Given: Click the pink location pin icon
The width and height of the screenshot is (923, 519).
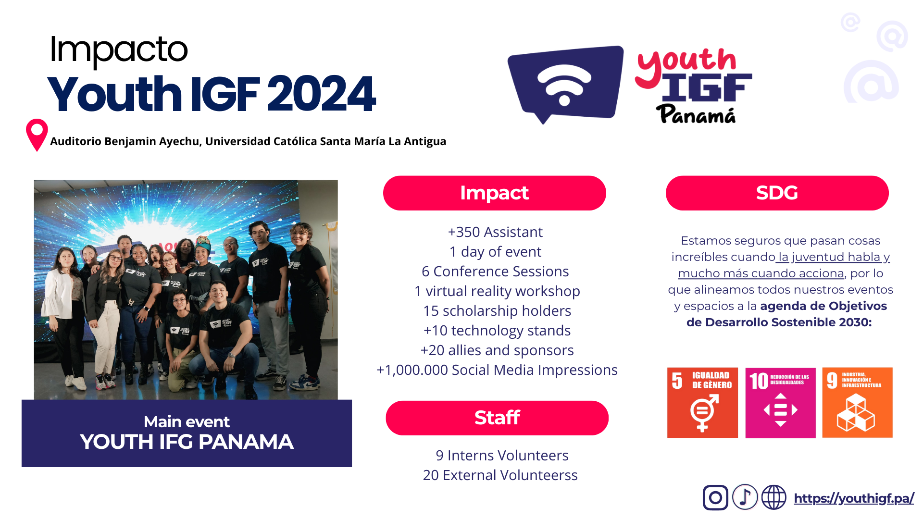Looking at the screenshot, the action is [x=37, y=135].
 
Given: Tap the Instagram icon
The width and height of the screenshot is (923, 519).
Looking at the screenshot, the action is [x=715, y=497].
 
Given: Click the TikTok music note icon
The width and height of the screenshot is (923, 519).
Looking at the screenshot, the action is [x=745, y=497].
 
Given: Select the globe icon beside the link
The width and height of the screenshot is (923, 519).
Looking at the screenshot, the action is [x=774, y=497].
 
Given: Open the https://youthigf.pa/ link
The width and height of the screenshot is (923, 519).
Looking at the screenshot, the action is [x=854, y=498].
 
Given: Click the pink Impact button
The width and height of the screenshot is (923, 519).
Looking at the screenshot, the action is [x=495, y=193].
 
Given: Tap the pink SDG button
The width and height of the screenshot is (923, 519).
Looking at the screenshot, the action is [x=777, y=193].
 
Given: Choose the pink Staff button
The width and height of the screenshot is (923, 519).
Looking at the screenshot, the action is [x=497, y=418].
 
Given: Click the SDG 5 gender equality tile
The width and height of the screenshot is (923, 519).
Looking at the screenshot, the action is [x=702, y=403].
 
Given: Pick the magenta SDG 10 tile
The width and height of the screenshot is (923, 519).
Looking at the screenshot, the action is [x=780, y=403].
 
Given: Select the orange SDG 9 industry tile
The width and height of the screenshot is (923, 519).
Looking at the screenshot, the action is [x=857, y=403].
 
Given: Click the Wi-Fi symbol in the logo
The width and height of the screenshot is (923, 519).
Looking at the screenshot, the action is [x=564, y=85].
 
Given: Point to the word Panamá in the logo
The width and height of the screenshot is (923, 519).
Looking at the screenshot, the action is [x=696, y=114].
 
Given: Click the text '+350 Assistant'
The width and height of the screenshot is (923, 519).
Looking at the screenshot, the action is [x=495, y=232].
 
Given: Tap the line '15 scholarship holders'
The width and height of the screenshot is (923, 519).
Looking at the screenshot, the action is [x=497, y=311].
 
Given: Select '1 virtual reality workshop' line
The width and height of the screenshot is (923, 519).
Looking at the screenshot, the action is [x=497, y=291].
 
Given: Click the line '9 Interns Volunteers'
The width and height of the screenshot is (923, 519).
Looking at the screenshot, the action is [x=502, y=456].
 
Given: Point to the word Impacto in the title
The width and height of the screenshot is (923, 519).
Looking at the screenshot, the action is [x=119, y=50].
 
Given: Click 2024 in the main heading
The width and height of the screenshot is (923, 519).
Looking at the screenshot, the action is [x=321, y=94].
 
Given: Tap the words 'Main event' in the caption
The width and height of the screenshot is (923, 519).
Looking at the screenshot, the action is [x=187, y=421].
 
